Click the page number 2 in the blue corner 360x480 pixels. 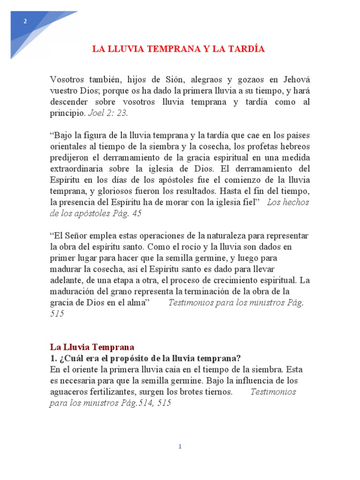point(25,21)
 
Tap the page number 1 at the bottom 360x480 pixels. point(180,447)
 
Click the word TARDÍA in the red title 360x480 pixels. point(245,49)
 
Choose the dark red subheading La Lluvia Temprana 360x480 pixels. point(92,347)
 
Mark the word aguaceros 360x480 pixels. point(70,392)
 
